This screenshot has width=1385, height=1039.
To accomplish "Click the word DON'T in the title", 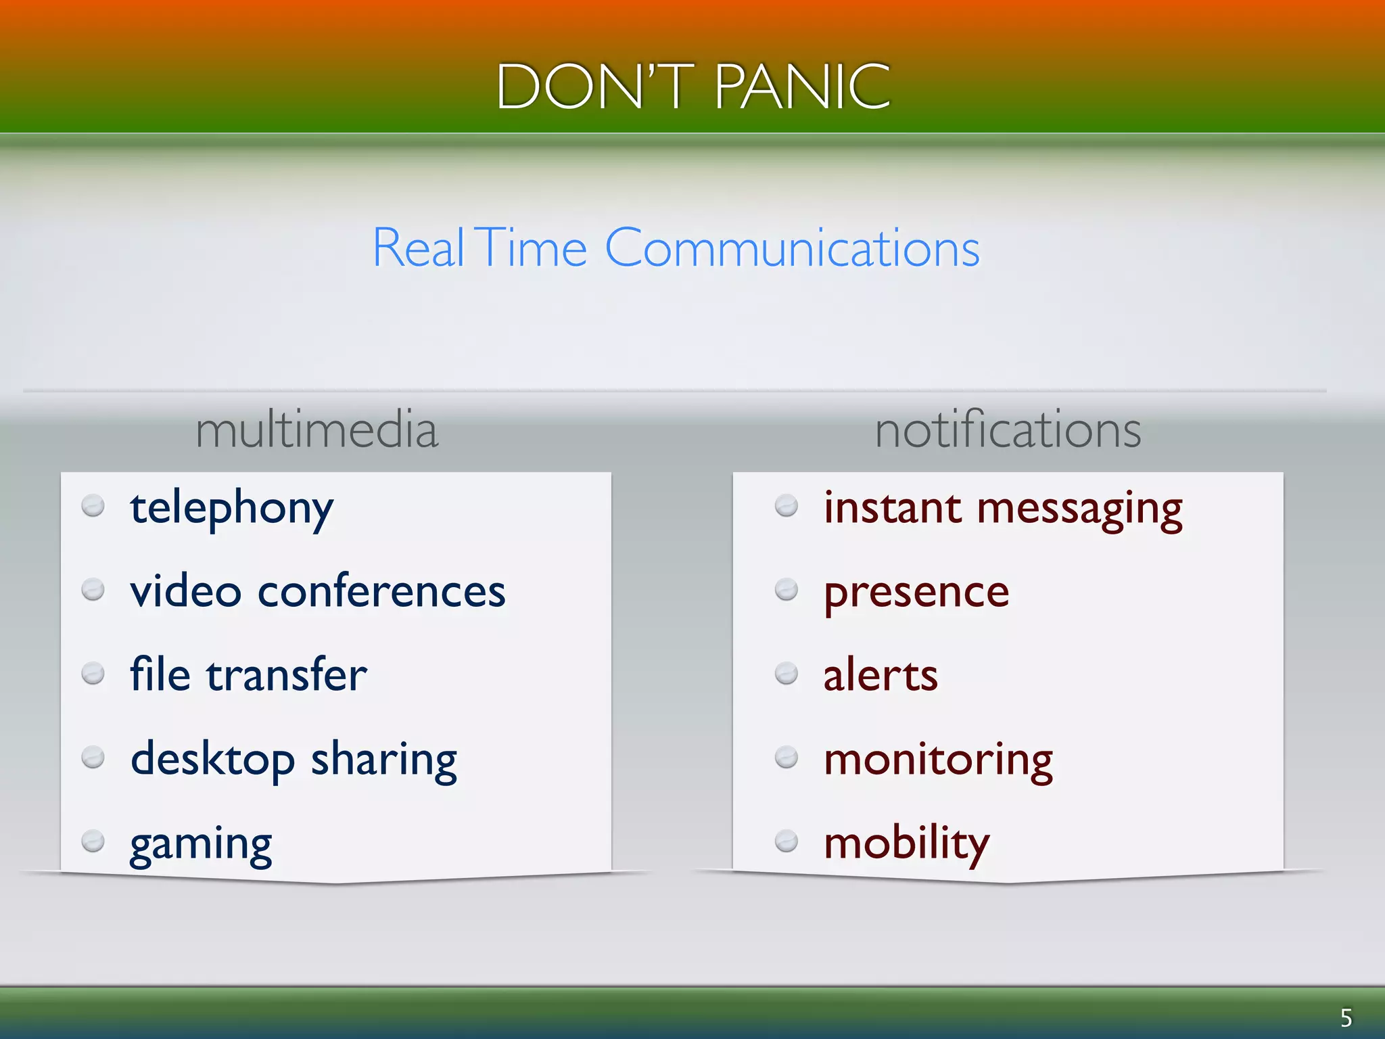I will [595, 86].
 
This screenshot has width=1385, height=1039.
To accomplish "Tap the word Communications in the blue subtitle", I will [792, 248].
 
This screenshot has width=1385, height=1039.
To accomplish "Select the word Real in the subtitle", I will [419, 248].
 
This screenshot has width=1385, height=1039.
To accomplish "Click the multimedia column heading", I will [316, 430].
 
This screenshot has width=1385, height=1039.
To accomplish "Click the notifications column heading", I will [1008, 430].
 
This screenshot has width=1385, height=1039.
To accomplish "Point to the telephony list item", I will [231, 509].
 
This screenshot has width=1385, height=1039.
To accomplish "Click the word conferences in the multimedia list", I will [381, 591].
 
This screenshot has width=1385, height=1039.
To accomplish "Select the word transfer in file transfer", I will [286, 675].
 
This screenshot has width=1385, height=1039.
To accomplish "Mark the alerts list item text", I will [880, 675].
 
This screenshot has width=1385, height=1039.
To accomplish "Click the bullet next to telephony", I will [93, 506].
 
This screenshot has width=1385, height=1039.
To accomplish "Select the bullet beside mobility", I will [786, 841].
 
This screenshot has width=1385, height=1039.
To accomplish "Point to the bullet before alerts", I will [786, 674].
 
